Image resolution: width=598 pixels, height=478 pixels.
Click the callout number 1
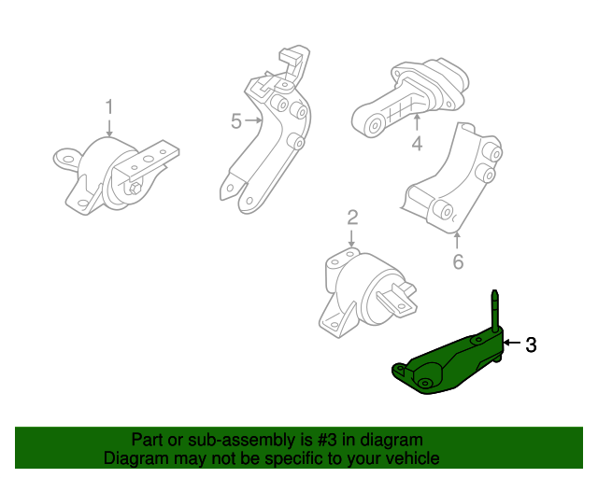108,106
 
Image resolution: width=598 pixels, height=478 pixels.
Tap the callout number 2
352,218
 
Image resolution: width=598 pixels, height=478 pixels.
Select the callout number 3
531,345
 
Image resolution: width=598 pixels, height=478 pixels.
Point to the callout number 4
417,144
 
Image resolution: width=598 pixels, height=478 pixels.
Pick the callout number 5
235,120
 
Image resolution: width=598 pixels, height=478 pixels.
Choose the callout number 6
458,262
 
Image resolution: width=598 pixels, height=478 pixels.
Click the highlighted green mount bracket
448,360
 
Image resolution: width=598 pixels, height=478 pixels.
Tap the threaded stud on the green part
494,307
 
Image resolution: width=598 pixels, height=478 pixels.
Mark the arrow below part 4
417,121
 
